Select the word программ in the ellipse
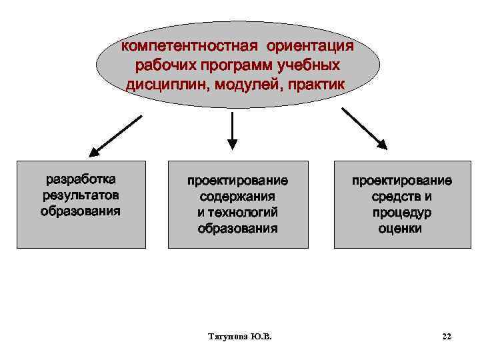233,66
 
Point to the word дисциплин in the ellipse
165,85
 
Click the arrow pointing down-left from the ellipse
116,135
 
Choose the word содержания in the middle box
237,197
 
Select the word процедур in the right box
402,213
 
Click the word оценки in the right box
402,229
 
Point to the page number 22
447,337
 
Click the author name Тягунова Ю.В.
239,337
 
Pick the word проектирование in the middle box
237,181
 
